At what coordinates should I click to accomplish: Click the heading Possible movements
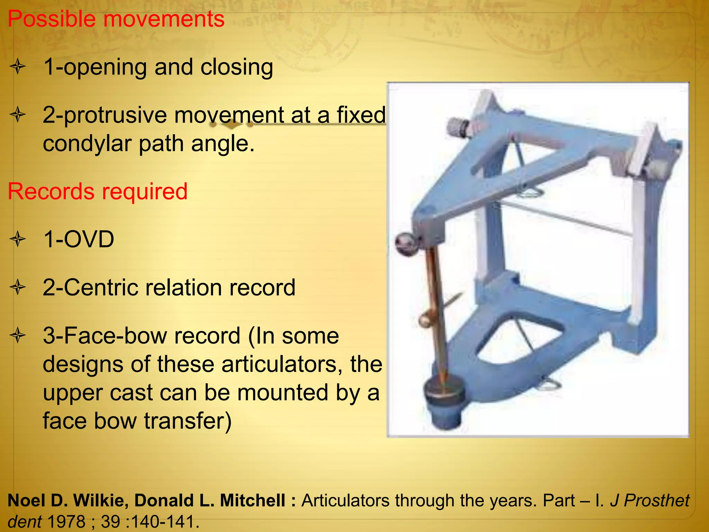116,19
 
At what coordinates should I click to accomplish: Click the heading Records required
97,192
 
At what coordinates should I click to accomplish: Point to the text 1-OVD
79,239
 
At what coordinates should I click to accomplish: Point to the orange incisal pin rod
435,312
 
